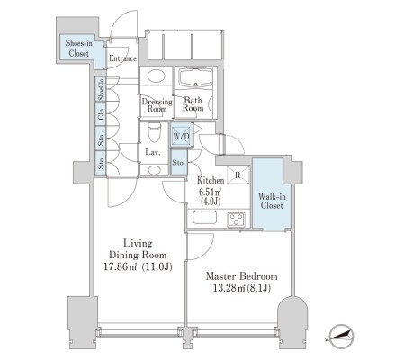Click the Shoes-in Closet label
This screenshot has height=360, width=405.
[x=79, y=49]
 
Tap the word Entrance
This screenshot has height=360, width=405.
[x=122, y=58]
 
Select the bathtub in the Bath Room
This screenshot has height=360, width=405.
[x=195, y=78]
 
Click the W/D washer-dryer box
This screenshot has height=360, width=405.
[x=182, y=136]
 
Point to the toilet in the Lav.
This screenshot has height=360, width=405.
[x=155, y=132]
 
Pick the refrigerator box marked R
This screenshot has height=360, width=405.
[x=238, y=175]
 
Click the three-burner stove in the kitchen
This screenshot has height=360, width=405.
[x=236, y=219]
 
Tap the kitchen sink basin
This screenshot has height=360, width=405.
[x=204, y=218]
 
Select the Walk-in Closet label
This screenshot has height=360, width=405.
[x=272, y=201]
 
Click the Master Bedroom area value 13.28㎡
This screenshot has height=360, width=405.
[x=229, y=288]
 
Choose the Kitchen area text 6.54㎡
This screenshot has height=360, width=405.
[x=211, y=192]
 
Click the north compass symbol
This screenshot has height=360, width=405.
[x=341, y=337]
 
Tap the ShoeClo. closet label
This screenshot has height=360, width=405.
[x=102, y=89]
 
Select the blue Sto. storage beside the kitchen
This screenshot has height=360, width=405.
[x=179, y=163]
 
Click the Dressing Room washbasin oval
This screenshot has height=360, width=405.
[x=157, y=75]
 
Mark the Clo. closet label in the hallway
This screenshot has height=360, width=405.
[x=102, y=113]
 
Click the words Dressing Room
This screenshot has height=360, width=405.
[x=157, y=105]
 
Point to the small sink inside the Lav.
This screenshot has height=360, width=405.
[x=154, y=170]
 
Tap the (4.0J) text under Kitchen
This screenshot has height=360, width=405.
[x=211, y=202]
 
